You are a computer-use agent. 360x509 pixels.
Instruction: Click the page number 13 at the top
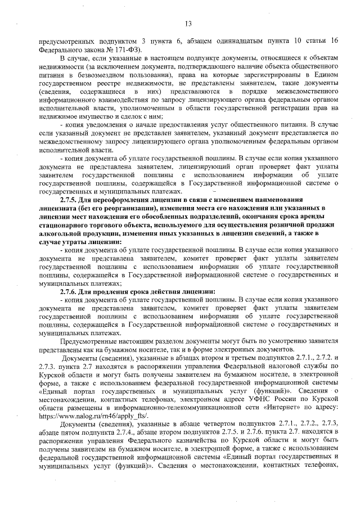188,22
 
